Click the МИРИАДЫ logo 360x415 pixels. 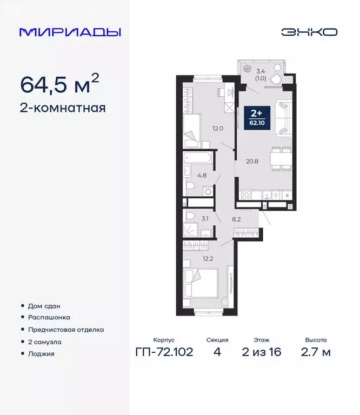pyautogui.click(x=70, y=32)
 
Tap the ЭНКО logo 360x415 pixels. pyautogui.click(x=309, y=32)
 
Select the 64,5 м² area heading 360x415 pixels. pyautogui.click(x=59, y=84)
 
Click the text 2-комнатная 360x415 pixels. pyautogui.click(x=63, y=108)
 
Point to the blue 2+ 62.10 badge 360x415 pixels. pyautogui.click(x=254, y=116)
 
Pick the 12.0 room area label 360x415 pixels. pyautogui.click(x=217, y=129)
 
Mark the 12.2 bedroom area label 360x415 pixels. pyautogui.click(x=209, y=259)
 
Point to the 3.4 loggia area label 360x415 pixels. pyautogui.click(x=261, y=70)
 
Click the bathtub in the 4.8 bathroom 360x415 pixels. pyautogui.click(x=198, y=159)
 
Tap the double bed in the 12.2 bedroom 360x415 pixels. pyautogui.click(x=201, y=284)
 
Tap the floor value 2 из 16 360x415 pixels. pyautogui.click(x=263, y=352)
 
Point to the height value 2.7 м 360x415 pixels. pyautogui.click(x=315, y=352)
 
